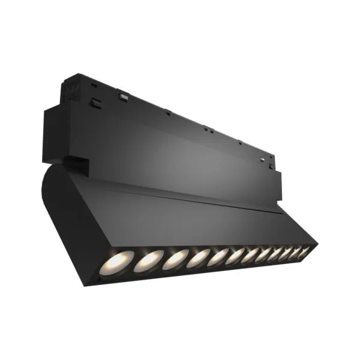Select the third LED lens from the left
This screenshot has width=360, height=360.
point(175,259)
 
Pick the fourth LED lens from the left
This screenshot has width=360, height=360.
point(197,257)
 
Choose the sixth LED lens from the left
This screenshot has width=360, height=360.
point(235,254)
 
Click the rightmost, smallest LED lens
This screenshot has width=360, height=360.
point(304,250)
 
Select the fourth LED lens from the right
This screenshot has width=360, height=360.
point(273,252)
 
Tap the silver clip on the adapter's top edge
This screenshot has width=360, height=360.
point(124,96)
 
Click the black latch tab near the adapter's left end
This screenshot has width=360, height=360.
point(94,103)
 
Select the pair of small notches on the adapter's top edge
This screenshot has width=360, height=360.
point(207,128)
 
